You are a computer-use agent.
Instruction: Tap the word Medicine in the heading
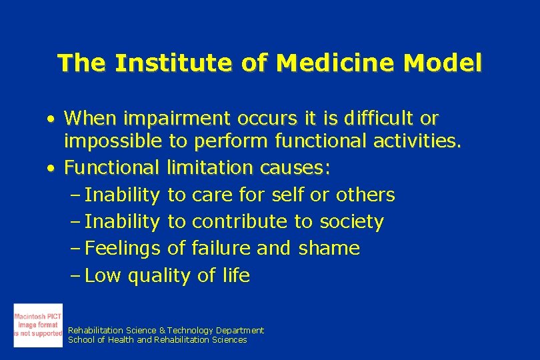click(x=317, y=63)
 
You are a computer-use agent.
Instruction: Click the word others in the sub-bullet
click(x=365, y=195)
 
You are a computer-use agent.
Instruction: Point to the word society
click(x=351, y=222)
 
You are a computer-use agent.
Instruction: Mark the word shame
click(x=329, y=249)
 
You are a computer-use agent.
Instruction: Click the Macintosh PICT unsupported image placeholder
click(x=38, y=325)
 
